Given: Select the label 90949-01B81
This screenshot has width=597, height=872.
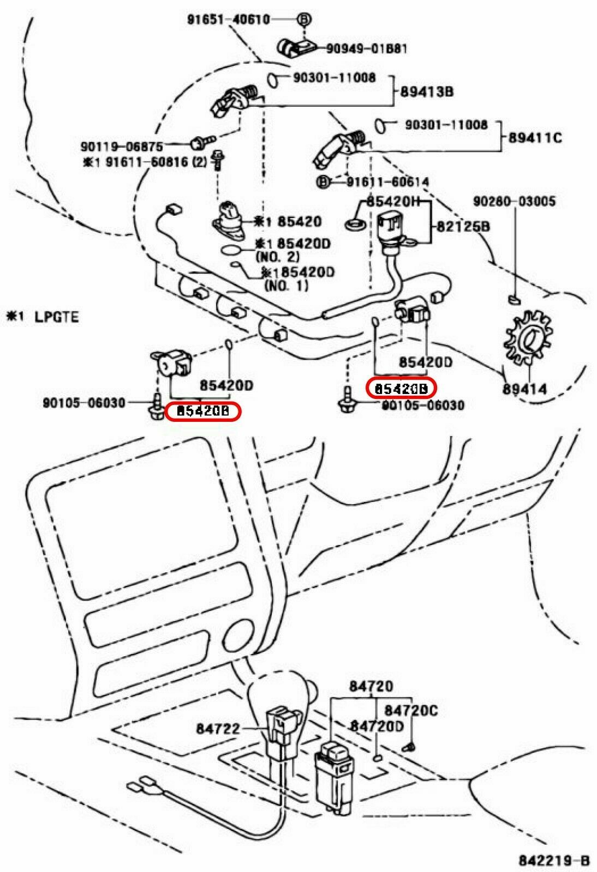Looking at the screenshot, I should (x=366, y=49).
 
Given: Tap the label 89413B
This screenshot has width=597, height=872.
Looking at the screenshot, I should (x=427, y=91).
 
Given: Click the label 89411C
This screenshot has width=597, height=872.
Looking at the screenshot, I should (x=535, y=138).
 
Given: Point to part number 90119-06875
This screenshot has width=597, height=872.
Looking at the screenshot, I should (x=122, y=147).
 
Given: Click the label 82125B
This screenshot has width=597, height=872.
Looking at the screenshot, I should (x=462, y=226).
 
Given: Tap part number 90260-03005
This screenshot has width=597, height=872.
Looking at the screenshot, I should (x=514, y=202).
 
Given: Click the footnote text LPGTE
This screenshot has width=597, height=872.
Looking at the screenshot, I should (x=57, y=316).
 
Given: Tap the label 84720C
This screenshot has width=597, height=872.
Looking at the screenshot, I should (x=410, y=710).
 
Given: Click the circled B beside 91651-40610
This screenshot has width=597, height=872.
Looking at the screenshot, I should (x=304, y=19).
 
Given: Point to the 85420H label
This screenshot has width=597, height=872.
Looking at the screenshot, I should (x=393, y=202).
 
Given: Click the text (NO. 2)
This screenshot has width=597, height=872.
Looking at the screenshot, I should (x=277, y=256).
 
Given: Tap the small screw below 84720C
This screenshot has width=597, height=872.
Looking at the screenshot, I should (x=410, y=746).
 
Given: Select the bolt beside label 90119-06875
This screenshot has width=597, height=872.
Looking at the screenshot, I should (x=198, y=143).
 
